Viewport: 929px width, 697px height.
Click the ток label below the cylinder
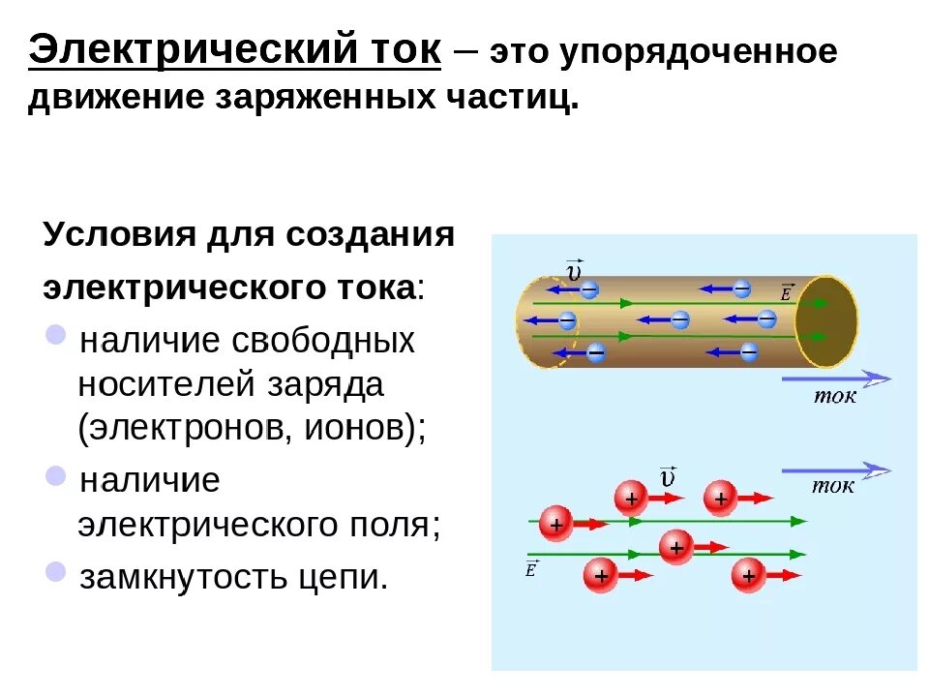pyautogui.click(x=833, y=397)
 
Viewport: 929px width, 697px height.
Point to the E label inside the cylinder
pyautogui.click(x=786, y=289)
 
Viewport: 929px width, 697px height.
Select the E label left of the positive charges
pyautogui.click(x=530, y=568)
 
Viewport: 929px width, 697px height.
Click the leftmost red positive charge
pyautogui.click(x=555, y=524)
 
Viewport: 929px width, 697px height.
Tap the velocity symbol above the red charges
pyautogui.click(x=667, y=476)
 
